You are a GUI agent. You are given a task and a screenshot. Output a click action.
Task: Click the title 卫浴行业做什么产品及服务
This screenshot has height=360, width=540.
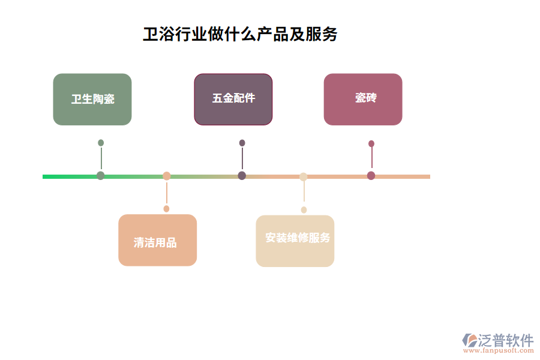point(240,34)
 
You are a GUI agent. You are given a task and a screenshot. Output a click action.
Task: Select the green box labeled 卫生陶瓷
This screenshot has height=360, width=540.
point(92,100)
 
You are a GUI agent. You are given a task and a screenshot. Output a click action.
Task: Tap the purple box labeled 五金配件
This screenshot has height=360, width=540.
point(233,100)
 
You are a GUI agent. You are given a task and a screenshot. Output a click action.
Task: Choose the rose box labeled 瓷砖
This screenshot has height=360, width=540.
point(363,100)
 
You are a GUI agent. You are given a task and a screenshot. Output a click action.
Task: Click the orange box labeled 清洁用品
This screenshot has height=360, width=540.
point(157,240)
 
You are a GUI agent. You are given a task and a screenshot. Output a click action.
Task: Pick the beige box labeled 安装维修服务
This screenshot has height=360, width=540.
point(295,241)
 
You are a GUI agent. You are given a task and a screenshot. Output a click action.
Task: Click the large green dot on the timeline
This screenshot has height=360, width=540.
point(101,176)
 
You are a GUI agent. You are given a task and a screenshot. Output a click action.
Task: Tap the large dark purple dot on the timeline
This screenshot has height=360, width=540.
point(242,176)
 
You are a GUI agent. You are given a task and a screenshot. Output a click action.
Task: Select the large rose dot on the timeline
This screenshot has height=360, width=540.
point(371,176)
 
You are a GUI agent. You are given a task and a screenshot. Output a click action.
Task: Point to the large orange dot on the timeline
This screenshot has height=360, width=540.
point(167,176)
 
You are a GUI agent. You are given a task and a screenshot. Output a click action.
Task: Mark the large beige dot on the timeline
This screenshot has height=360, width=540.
point(304,176)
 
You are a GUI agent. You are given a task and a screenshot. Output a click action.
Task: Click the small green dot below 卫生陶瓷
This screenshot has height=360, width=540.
point(101,143)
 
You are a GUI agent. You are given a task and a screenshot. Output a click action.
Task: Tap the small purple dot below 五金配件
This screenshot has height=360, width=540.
point(242,143)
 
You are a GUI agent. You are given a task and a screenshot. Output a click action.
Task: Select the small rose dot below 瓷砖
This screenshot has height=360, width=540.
point(371,143)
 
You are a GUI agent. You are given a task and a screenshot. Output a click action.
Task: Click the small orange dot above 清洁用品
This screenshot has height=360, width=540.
point(166,209)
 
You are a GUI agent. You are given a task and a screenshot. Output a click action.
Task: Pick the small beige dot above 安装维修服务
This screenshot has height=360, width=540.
point(304,209)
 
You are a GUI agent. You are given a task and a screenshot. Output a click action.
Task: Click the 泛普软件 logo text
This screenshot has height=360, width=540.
point(506,340)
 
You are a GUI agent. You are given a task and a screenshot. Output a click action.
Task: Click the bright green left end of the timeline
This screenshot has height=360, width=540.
point(48,176)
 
